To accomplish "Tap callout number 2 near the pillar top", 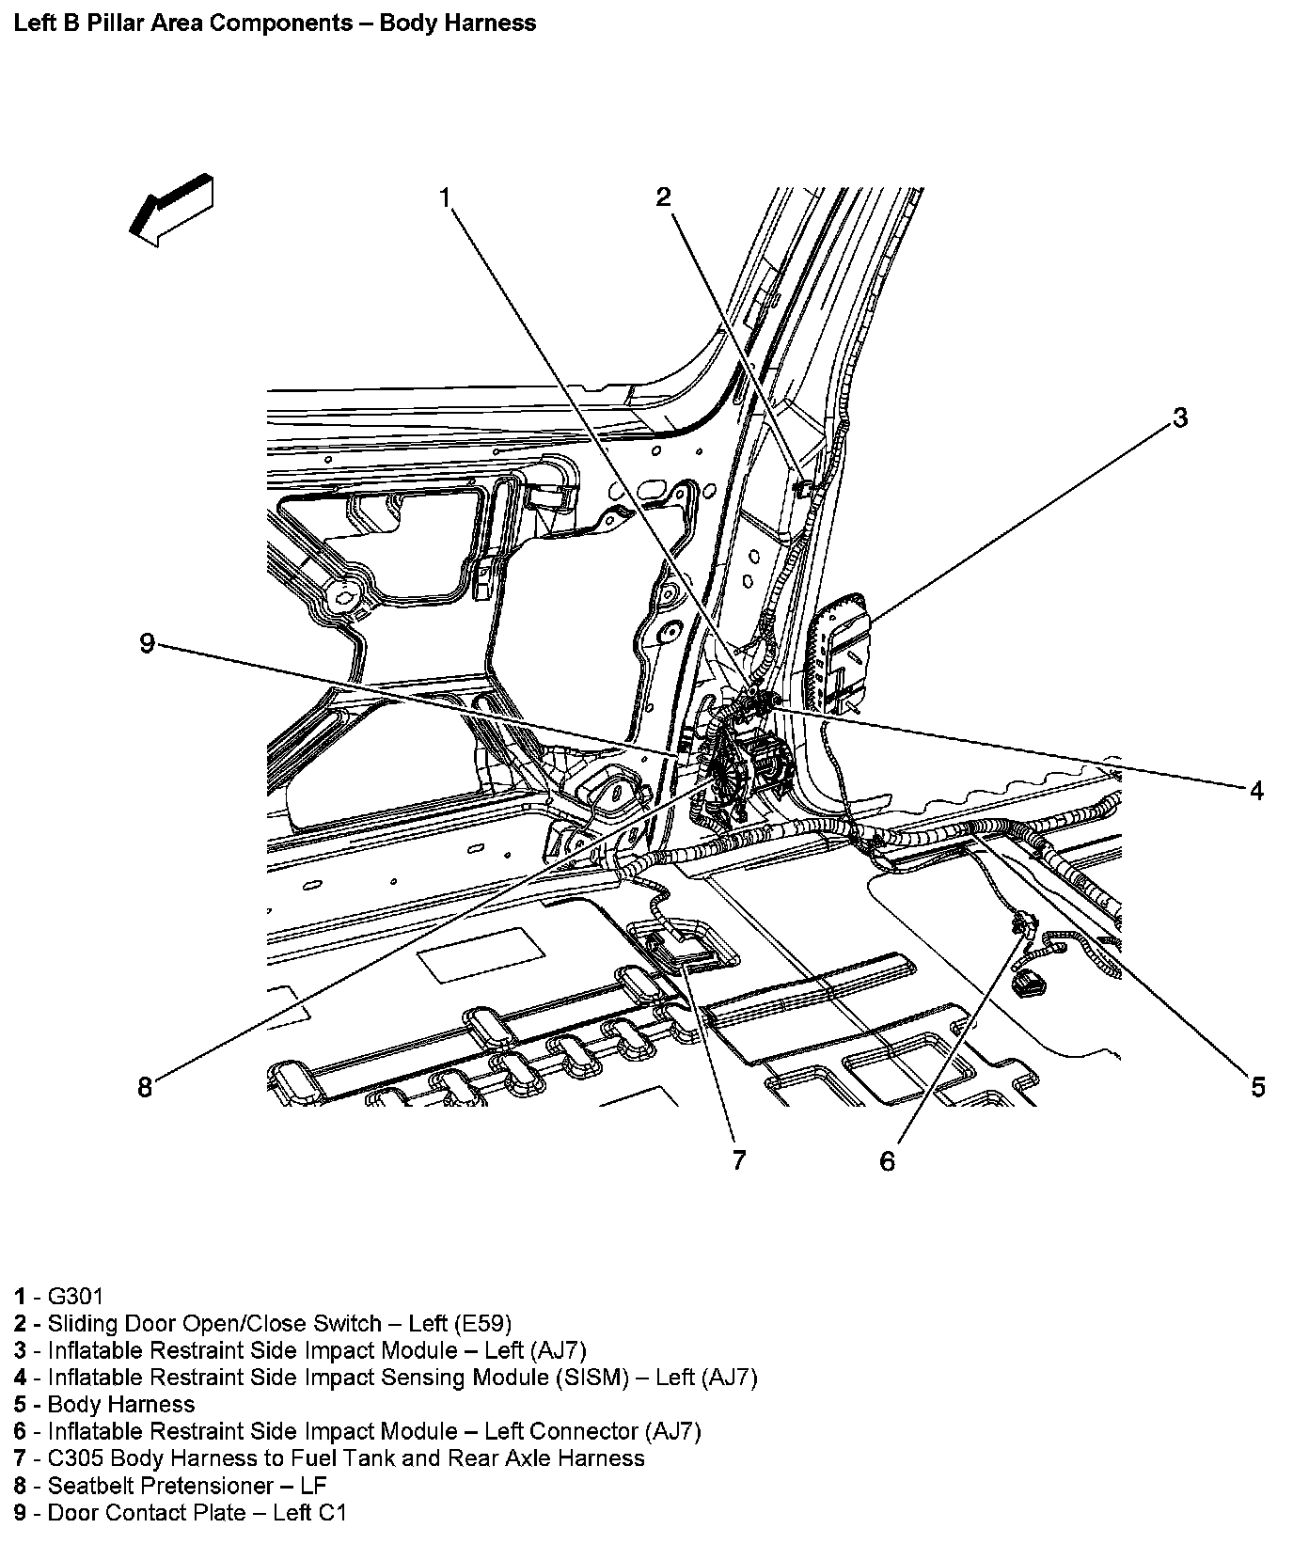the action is (x=664, y=197).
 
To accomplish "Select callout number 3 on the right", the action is (x=1180, y=417).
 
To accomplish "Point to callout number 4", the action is (x=1256, y=791).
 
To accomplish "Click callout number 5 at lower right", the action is (x=1257, y=1087).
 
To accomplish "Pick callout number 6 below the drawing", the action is (x=888, y=1161).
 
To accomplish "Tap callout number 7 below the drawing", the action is (x=739, y=1160).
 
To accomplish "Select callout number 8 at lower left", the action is (x=145, y=1087).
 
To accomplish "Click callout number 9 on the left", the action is (x=147, y=643).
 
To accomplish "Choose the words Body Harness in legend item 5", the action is (x=120, y=1405).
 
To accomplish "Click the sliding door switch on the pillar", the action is (x=802, y=488).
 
